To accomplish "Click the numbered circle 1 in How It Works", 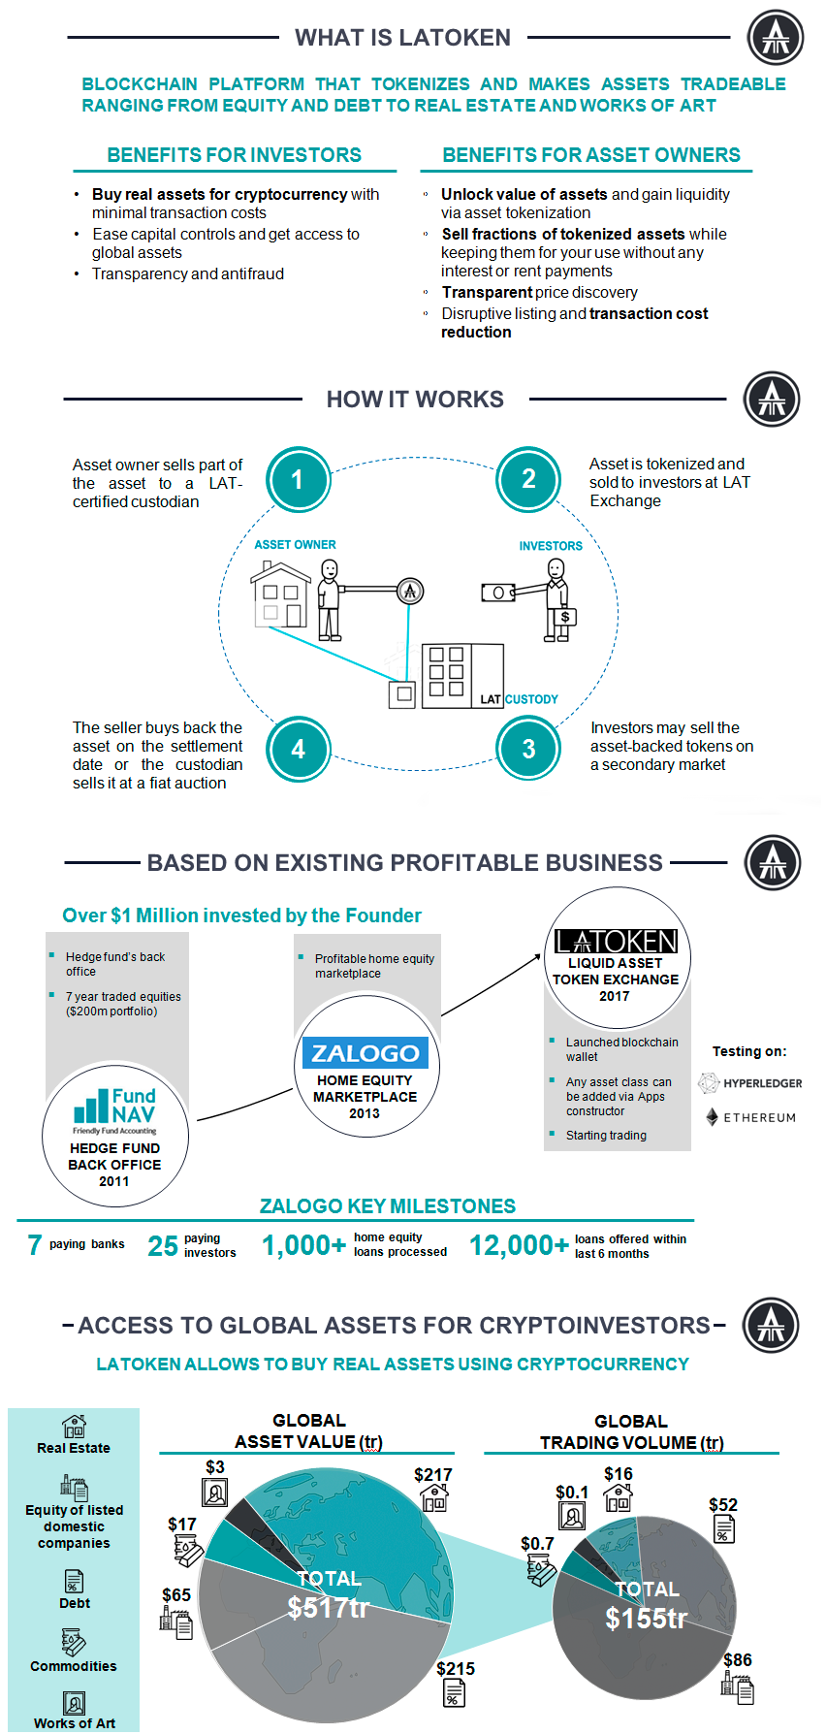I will tap(298, 479).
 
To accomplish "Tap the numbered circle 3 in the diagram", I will tap(528, 749).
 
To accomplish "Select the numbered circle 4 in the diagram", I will tap(298, 749).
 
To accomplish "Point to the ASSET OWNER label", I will tap(295, 545).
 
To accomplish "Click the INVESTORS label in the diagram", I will tap(551, 546).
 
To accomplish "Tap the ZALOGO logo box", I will tap(365, 1053).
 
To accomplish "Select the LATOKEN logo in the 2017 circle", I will tap(617, 941).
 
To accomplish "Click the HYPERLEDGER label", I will tap(762, 1083).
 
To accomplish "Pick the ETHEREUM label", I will tap(759, 1117).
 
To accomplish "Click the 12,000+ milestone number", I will tap(519, 1245).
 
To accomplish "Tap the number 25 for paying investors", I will tap(163, 1245).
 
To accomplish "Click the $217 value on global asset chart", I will tap(432, 1474).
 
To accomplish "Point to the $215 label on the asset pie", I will tap(455, 1668).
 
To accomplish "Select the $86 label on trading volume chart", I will tap(737, 1659).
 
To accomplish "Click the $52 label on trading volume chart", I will tap(722, 1504).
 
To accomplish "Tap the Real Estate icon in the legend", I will tap(74, 1425).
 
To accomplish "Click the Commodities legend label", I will tap(74, 1666).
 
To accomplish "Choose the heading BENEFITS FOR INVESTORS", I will tap(234, 155).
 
